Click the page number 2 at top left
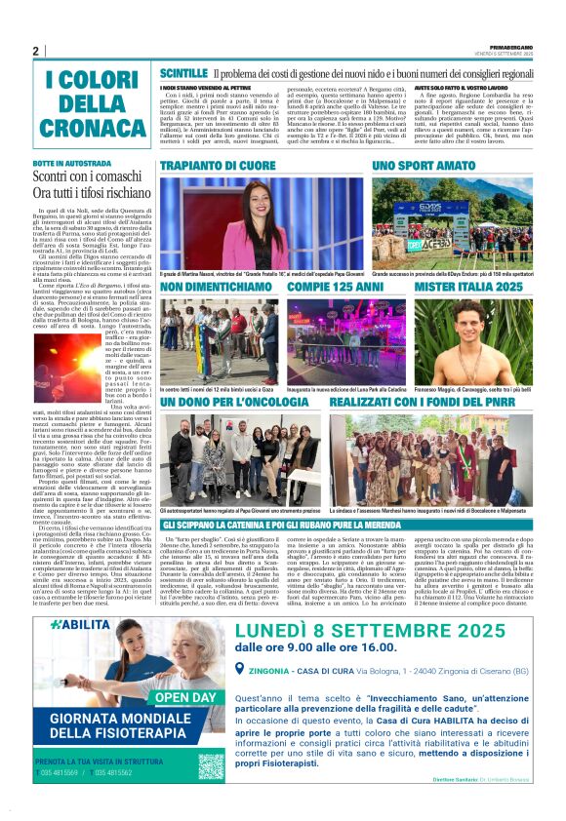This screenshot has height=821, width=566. coord(35,51)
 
